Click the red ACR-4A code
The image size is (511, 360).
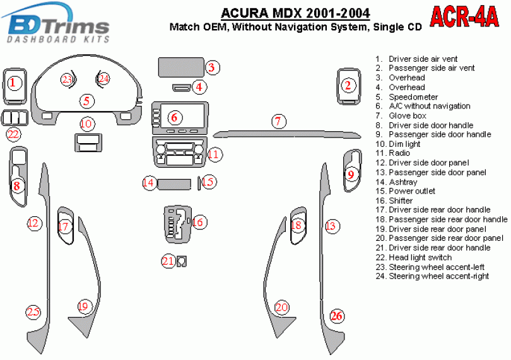pyautogui.click(x=464, y=17)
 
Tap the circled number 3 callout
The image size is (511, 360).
pyautogui.click(x=212, y=67)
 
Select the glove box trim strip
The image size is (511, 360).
pyautogui.click(x=287, y=134)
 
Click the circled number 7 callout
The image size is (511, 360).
pyautogui.click(x=278, y=121)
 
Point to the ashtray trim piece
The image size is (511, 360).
pyautogui.click(x=174, y=183)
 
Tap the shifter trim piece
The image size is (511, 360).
pyautogui.click(x=177, y=224)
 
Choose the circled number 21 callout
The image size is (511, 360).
pyautogui.click(x=168, y=261)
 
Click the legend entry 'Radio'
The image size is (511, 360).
pyautogui.click(x=399, y=153)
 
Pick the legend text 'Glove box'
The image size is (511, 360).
pyautogui.click(x=408, y=115)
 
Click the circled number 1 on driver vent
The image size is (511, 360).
pyautogui.click(x=13, y=83)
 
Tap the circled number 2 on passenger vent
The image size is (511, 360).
pyautogui.click(x=348, y=85)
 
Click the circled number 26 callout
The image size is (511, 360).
pyautogui.click(x=337, y=316)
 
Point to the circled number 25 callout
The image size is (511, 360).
pyautogui.click(x=33, y=312)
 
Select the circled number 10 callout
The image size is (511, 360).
pyautogui.click(x=86, y=124)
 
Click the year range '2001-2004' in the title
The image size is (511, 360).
pyautogui.click(x=338, y=13)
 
